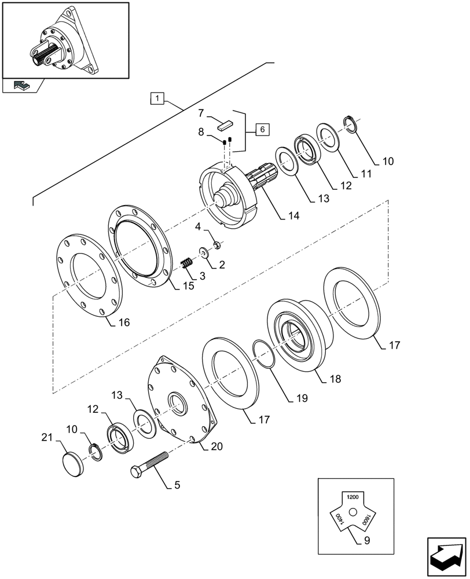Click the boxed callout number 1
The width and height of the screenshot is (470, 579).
pyautogui.click(x=158, y=98)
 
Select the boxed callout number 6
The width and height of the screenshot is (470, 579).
pyautogui.click(x=261, y=130)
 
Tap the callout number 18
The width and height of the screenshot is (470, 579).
pyautogui.click(x=335, y=379)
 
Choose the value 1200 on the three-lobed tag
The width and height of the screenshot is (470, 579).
pyautogui.click(x=352, y=497)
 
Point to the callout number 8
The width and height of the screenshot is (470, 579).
pyautogui.click(x=201, y=132)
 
